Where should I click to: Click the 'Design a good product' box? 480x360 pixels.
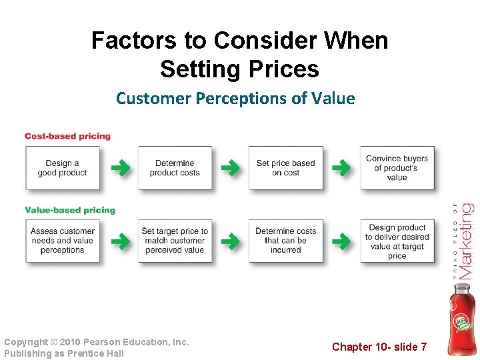tap(62, 168)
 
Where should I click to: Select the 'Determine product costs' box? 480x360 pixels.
tap(175, 168)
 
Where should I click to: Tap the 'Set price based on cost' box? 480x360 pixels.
tap(285, 168)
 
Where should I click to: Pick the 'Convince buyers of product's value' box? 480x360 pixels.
tap(397, 168)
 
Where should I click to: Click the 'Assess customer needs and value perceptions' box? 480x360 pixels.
tap(62, 241)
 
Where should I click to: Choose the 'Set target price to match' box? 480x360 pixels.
tap(175, 241)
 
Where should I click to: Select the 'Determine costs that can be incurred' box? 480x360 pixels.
tap(285, 241)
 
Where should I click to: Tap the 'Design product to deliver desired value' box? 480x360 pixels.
tap(397, 241)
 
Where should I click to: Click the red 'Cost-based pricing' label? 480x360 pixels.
tap(67, 136)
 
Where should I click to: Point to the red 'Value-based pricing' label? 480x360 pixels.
tap(70, 210)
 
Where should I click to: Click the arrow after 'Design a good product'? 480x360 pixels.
tap(120, 168)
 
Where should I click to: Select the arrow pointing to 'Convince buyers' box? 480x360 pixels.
tap(341, 168)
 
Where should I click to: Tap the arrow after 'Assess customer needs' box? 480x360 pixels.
tap(120, 241)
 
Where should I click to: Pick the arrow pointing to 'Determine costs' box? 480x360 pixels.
tap(230, 241)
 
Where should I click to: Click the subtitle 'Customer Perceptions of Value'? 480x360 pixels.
tap(235, 99)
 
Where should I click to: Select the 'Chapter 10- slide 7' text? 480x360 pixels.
tap(379, 346)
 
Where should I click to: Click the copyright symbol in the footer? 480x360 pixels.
tap(54, 342)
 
